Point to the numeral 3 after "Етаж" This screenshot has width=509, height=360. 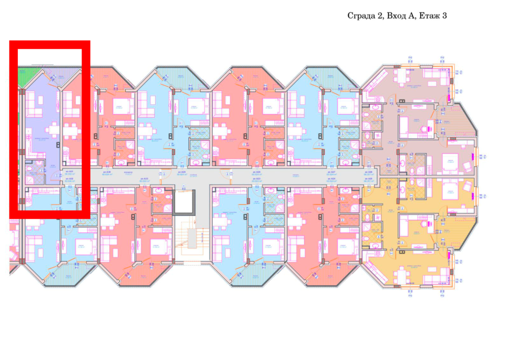(444, 16)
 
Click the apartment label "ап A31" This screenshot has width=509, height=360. (69, 172)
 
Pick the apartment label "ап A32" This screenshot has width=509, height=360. (69, 179)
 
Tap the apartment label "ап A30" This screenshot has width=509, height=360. (105, 172)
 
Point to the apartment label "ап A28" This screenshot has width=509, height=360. (256, 172)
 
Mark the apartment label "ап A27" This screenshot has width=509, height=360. (331, 172)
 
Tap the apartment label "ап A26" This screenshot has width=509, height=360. (368, 172)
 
